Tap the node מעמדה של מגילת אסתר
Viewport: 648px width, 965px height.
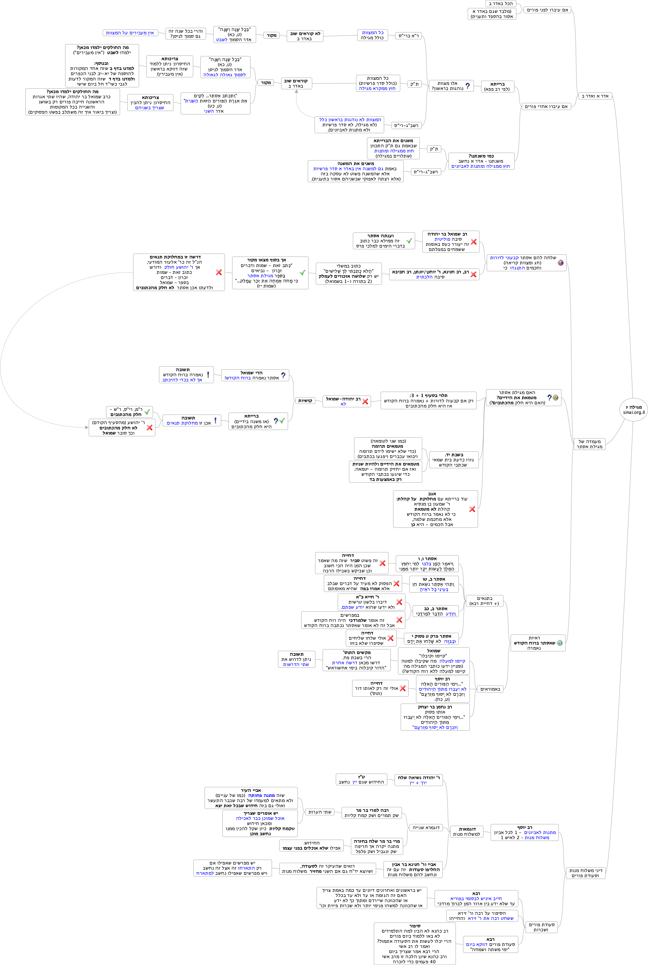(x=589, y=444)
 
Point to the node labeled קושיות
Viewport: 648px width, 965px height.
(x=305, y=400)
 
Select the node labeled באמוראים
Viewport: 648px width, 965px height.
(x=490, y=689)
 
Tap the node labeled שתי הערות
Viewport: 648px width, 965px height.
(x=320, y=812)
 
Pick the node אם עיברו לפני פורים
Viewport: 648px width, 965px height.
(x=547, y=10)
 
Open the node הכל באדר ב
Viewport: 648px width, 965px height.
(x=500, y=4)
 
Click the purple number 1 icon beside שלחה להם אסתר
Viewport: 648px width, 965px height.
(x=560, y=263)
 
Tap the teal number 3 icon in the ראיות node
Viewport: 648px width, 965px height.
(x=559, y=643)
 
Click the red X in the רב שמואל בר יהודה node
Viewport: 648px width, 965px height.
(x=474, y=242)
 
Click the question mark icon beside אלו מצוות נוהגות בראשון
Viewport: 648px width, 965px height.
(x=467, y=86)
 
